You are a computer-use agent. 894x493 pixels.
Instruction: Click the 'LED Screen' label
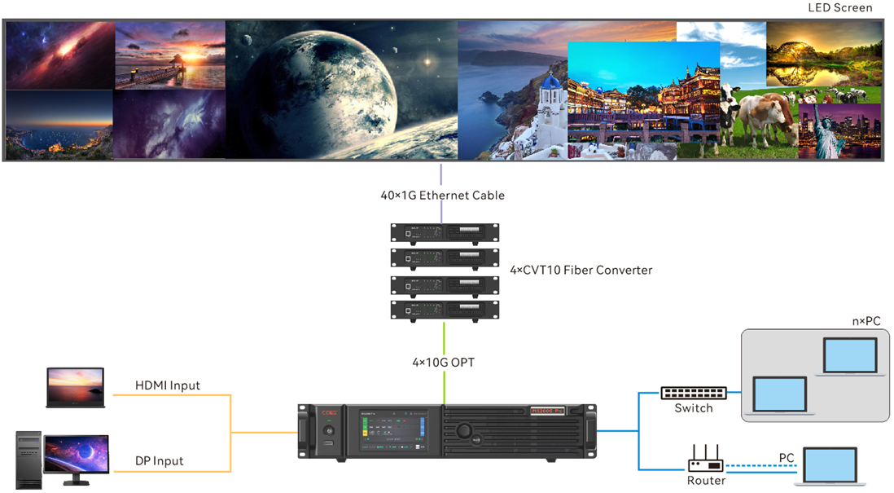click(839, 8)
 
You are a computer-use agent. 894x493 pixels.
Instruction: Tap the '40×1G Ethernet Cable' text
click(442, 196)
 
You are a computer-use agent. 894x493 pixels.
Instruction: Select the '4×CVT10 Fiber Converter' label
click(581, 270)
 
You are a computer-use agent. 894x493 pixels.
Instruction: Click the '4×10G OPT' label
click(443, 362)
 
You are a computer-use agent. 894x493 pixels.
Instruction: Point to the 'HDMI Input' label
click(167, 385)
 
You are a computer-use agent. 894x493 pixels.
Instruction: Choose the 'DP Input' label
click(159, 461)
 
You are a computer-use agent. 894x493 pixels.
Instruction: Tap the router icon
click(705, 461)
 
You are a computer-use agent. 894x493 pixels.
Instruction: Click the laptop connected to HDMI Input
click(76, 388)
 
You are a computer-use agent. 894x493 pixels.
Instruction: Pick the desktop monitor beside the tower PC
click(76, 456)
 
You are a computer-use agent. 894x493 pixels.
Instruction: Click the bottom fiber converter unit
click(445, 310)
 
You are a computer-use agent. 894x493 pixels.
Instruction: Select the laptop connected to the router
click(830, 467)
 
